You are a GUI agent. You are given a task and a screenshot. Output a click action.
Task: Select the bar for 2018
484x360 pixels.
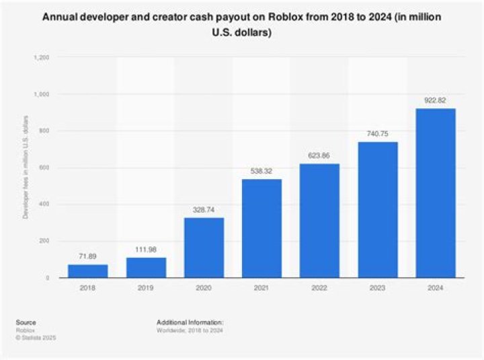click(x=87, y=271)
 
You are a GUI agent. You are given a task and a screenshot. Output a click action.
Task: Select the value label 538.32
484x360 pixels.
click(x=261, y=172)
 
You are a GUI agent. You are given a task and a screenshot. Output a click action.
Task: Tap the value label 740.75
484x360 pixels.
click(x=378, y=135)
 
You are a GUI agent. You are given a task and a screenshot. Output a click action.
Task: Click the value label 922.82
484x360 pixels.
click(x=436, y=101)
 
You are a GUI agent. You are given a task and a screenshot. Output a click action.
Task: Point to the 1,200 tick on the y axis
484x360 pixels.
click(x=41, y=58)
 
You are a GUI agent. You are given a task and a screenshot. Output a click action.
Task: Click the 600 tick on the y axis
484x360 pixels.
click(x=45, y=168)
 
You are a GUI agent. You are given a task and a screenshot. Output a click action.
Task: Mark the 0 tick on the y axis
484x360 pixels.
click(x=48, y=278)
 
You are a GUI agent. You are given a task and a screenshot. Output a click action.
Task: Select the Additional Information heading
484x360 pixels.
click(x=190, y=322)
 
